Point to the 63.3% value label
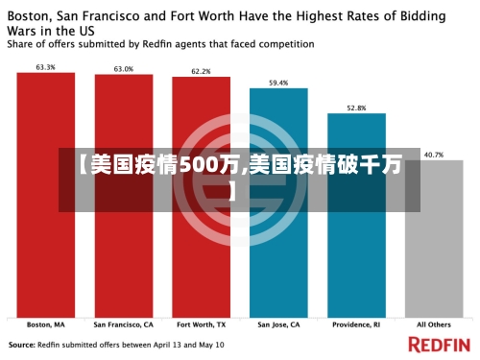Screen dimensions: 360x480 point(45,67)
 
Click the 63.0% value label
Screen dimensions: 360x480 point(123,69)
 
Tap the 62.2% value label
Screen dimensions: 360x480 point(201,71)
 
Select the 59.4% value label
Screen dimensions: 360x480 point(278,83)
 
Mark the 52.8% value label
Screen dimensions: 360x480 point(356,108)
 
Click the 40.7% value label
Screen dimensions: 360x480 point(434,154)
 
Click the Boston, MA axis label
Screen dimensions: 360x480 point(45,324)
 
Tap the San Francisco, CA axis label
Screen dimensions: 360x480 point(123,324)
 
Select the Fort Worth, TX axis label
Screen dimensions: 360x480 point(201,324)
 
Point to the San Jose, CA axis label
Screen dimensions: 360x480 point(278,324)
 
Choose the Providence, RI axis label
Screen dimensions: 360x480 point(356,324)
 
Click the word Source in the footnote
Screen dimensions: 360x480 point(22,344)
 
